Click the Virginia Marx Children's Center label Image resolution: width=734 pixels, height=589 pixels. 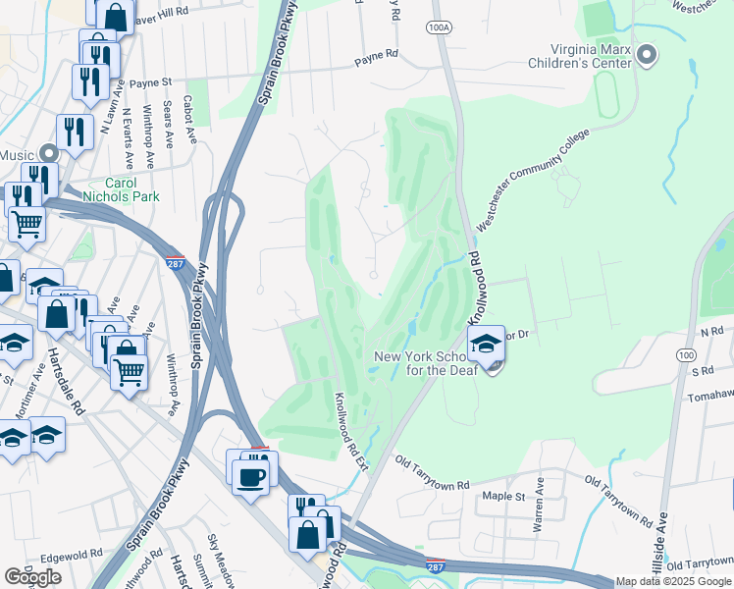[578, 57]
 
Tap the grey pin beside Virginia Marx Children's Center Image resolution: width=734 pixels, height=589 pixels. [646, 55]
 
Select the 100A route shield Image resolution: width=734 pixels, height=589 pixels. [439, 27]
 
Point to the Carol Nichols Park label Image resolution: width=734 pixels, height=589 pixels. [131, 189]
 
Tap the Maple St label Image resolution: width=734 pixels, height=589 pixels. [503, 496]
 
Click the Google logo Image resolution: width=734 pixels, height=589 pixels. [32, 576]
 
